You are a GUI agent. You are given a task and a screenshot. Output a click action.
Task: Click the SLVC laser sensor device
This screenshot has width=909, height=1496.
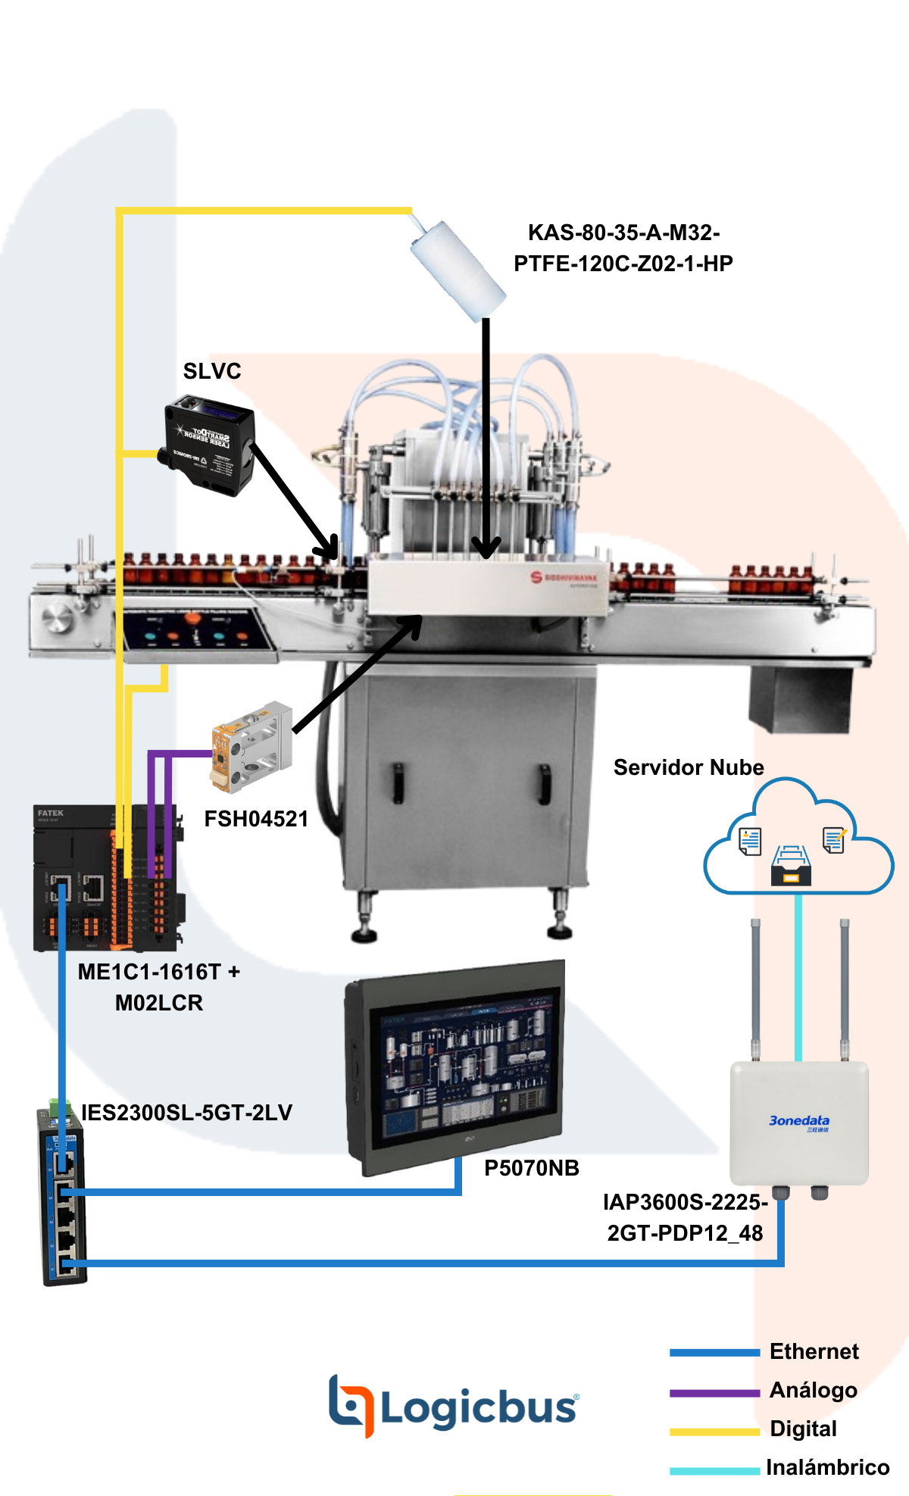click(x=209, y=445)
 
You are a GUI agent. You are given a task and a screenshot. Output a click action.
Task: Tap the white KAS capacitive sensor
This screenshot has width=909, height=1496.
click(x=457, y=269)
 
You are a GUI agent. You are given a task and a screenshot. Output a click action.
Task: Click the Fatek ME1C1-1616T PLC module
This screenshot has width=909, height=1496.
click(x=106, y=877)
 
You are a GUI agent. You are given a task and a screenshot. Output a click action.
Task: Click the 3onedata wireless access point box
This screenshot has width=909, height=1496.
click(x=798, y=1123)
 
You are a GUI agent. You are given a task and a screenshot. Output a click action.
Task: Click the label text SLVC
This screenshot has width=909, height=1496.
click(x=212, y=371)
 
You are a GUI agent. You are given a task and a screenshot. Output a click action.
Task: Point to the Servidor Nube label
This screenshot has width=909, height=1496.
click(x=688, y=767)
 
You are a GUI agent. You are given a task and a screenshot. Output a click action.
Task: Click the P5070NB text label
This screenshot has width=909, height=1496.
click(x=531, y=1168)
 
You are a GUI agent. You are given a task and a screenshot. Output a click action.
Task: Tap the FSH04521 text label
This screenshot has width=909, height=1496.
click(x=256, y=819)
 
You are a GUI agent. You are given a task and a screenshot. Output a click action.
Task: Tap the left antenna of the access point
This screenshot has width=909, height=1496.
click(x=755, y=988)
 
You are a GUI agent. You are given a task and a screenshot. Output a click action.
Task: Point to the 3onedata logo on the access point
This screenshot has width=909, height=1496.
click(x=798, y=1121)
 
